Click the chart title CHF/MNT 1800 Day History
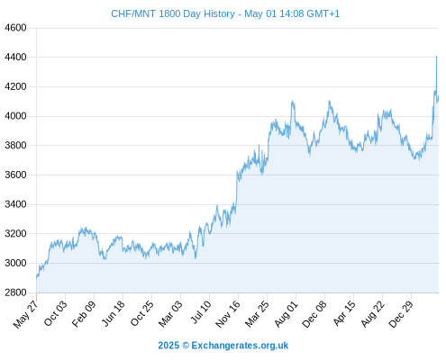pos(173,13)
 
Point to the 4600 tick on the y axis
pos(15,28)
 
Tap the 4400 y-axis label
pos(15,57)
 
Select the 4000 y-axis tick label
pos(15,116)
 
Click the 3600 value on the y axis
pos(15,175)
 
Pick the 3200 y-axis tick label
pos(15,233)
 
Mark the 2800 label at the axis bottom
pos(15,292)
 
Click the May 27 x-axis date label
pos(26,314)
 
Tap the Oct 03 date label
pos(56,313)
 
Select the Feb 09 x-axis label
pos(84,313)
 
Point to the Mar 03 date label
pos(170,313)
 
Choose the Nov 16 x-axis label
pos(228,314)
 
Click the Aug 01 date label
pos(287,313)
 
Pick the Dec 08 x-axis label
pos(314,314)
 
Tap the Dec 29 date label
pos(401,314)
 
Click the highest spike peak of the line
pos(436,56)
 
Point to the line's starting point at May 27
pos(37,277)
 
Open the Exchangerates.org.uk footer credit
pos(240,346)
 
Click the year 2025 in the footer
pos(168,346)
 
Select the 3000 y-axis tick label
pos(15,263)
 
